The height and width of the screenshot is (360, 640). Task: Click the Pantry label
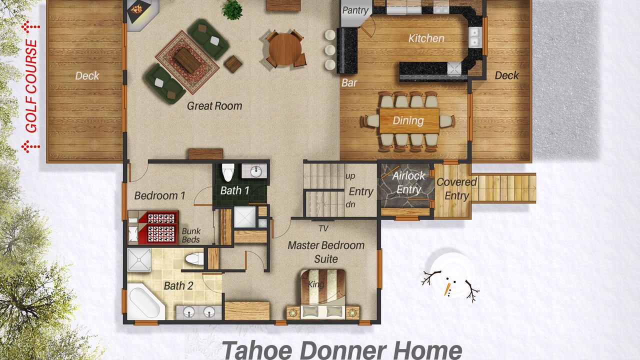(x=355, y=10)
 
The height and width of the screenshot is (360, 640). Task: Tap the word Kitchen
(x=426, y=38)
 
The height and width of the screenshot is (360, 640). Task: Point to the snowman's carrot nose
(x=447, y=289)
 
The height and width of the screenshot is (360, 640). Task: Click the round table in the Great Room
(x=285, y=49)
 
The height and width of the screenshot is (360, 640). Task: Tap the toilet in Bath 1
(x=227, y=172)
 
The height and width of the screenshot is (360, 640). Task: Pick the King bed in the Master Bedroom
(x=323, y=294)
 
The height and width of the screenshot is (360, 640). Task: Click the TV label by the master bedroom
(x=323, y=228)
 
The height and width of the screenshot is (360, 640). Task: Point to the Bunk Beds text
(x=191, y=235)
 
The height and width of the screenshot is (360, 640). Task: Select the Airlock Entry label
(x=408, y=182)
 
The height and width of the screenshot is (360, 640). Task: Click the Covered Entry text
(x=456, y=189)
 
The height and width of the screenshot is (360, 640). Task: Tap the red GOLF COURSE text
(x=31, y=86)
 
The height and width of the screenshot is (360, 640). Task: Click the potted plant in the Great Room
(x=232, y=9)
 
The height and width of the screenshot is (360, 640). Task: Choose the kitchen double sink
(x=475, y=37)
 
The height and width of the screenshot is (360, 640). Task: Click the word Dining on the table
(x=408, y=120)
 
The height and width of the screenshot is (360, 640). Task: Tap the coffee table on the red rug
(x=187, y=60)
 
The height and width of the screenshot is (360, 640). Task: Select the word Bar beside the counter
(x=349, y=83)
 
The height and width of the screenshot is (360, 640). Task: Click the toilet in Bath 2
(x=194, y=259)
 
